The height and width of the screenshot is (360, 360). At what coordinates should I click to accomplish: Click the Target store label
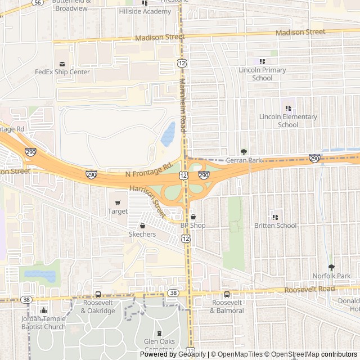coord(118,211)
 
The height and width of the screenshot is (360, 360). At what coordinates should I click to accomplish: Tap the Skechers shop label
coord(142,234)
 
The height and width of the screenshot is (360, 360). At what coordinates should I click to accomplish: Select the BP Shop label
coord(193,225)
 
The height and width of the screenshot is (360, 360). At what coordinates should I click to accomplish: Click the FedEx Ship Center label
coord(62,72)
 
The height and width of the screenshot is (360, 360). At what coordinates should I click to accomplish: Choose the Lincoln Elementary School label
coord(288,120)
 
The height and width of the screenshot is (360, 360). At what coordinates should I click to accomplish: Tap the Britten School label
coord(275,226)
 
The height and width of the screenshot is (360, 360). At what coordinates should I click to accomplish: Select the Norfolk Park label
coord(331,276)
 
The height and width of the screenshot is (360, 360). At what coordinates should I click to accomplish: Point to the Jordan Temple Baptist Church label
coord(44,322)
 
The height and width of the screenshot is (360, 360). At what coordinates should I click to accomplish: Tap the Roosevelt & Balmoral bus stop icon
coord(227,294)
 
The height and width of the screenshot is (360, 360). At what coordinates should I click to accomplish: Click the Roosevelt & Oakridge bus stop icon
coord(98,294)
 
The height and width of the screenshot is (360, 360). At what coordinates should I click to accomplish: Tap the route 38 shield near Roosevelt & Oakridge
coord(26,300)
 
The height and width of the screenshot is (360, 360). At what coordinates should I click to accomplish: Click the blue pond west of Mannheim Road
coord(168,134)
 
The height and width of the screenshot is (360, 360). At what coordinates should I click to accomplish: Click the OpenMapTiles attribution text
coord(239,354)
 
